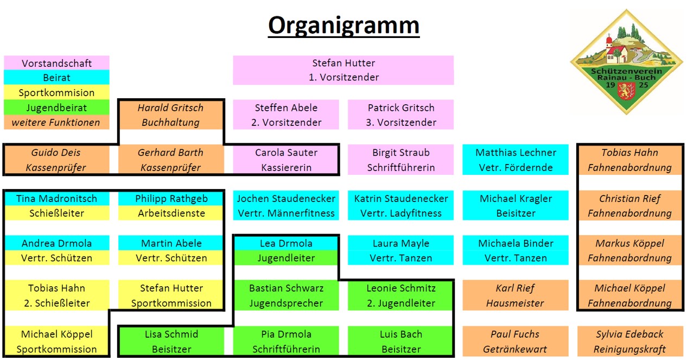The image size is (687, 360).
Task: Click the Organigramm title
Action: [x=343, y=26]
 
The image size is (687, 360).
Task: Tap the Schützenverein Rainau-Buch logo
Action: [x=627, y=61]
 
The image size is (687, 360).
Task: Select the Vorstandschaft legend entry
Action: [x=56, y=63]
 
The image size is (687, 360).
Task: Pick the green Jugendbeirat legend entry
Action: [x=56, y=108]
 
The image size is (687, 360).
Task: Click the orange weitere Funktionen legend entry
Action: [x=56, y=122]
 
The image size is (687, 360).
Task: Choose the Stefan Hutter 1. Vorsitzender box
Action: [x=343, y=70]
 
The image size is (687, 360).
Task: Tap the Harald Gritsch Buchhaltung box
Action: [x=171, y=115]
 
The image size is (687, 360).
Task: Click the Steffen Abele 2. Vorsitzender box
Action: [x=286, y=115]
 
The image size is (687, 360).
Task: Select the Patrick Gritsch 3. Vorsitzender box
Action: [x=400, y=115]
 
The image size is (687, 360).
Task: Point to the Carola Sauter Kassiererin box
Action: [x=286, y=160]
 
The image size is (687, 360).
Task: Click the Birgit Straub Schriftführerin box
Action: [x=400, y=160]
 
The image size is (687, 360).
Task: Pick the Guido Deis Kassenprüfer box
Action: [x=56, y=160]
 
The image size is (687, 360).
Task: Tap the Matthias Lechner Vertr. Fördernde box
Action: [x=516, y=160]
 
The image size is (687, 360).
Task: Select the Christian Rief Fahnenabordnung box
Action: [x=629, y=205]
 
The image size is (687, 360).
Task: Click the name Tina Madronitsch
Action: [x=56, y=199]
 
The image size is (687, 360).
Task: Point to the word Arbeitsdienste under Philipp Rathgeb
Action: [x=171, y=213]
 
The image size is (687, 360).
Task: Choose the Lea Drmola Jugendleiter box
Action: [x=286, y=250]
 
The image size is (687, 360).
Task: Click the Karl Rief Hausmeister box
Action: [x=516, y=295]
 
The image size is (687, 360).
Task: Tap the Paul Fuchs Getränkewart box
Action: [x=516, y=341]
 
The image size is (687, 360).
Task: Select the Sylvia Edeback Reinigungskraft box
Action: [x=629, y=341]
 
